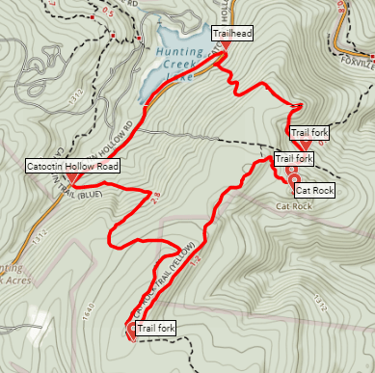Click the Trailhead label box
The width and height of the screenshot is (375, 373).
coord(232,34)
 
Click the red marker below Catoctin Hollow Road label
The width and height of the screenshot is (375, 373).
coord(73,179)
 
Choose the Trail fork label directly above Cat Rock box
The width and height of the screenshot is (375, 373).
coord(295,158)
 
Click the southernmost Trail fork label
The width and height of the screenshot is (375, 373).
coord(156,329)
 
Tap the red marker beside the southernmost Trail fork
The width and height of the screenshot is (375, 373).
coord(132,331)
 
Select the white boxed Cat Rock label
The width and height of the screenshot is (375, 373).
coord(315,191)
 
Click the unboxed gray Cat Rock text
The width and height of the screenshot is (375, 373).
coord(293,206)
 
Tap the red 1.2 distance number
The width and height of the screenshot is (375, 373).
coord(194,259)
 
